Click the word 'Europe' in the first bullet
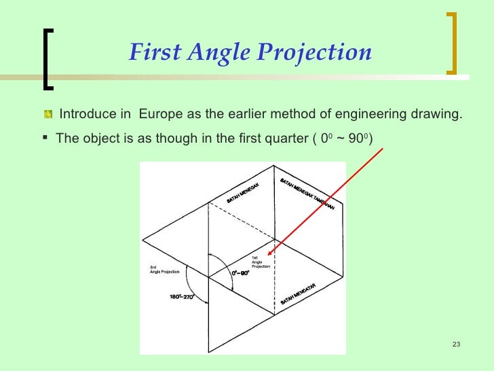(159, 113)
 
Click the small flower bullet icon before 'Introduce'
(47, 113)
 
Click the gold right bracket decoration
(452, 42)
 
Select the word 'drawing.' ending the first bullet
(441, 113)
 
